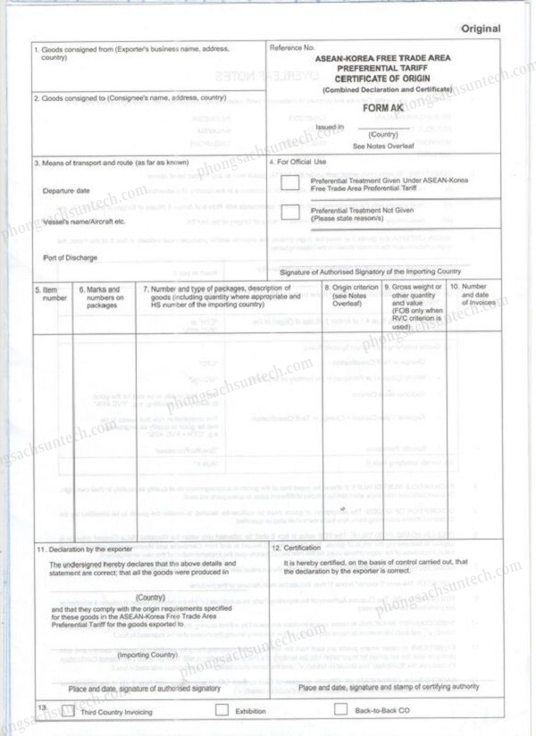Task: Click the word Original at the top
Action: click(x=481, y=29)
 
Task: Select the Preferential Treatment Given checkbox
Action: click(x=289, y=184)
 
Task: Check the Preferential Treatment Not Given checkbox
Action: click(x=289, y=212)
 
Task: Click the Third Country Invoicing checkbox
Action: click(x=70, y=711)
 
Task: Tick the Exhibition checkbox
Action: click(x=222, y=711)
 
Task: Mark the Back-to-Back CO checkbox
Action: click(x=340, y=711)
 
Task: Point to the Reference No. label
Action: click(x=292, y=46)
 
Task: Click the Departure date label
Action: click(x=65, y=191)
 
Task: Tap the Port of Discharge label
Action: click(x=70, y=257)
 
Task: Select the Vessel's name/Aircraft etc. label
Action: click(x=84, y=221)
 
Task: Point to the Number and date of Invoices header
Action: click(x=471, y=294)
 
